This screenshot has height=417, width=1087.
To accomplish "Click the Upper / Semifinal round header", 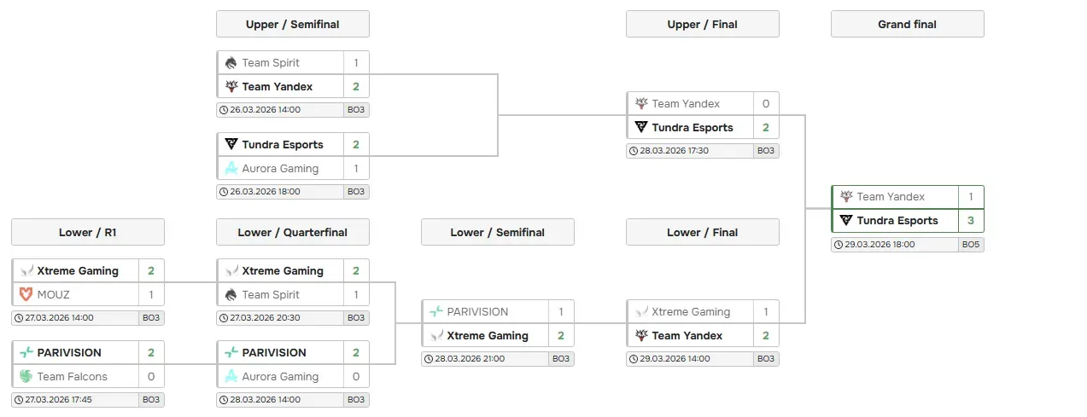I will tap(292, 24).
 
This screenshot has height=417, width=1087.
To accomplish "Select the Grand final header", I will tap(907, 24).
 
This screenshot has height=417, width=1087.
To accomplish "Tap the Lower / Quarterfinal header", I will tap(292, 232).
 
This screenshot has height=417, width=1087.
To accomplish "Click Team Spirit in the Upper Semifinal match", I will tap(270, 63).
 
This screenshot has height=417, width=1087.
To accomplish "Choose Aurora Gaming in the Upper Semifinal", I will tap(279, 169).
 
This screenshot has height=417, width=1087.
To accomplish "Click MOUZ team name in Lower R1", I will tap(53, 295).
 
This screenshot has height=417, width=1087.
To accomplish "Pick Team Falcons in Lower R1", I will tap(72, 377).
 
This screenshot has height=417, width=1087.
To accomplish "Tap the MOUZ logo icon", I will tap(26, 295).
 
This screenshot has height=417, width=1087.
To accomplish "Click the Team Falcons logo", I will tap(26, 377).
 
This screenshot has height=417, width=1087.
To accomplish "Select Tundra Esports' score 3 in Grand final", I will tap(971, 221).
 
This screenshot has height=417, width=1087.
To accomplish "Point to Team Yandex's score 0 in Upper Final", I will tap(766, 104).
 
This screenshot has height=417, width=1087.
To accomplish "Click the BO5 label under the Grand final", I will tap(971, 245).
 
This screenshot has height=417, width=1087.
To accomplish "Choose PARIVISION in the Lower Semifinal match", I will tap(476, 312).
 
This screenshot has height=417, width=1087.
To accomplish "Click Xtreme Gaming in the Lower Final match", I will tap(690, 312).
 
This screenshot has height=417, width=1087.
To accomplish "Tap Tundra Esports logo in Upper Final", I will tap(641, 128).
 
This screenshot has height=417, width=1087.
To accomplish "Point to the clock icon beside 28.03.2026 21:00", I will tap(429, 359).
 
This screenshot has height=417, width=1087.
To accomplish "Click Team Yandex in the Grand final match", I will tap(891, 197).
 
